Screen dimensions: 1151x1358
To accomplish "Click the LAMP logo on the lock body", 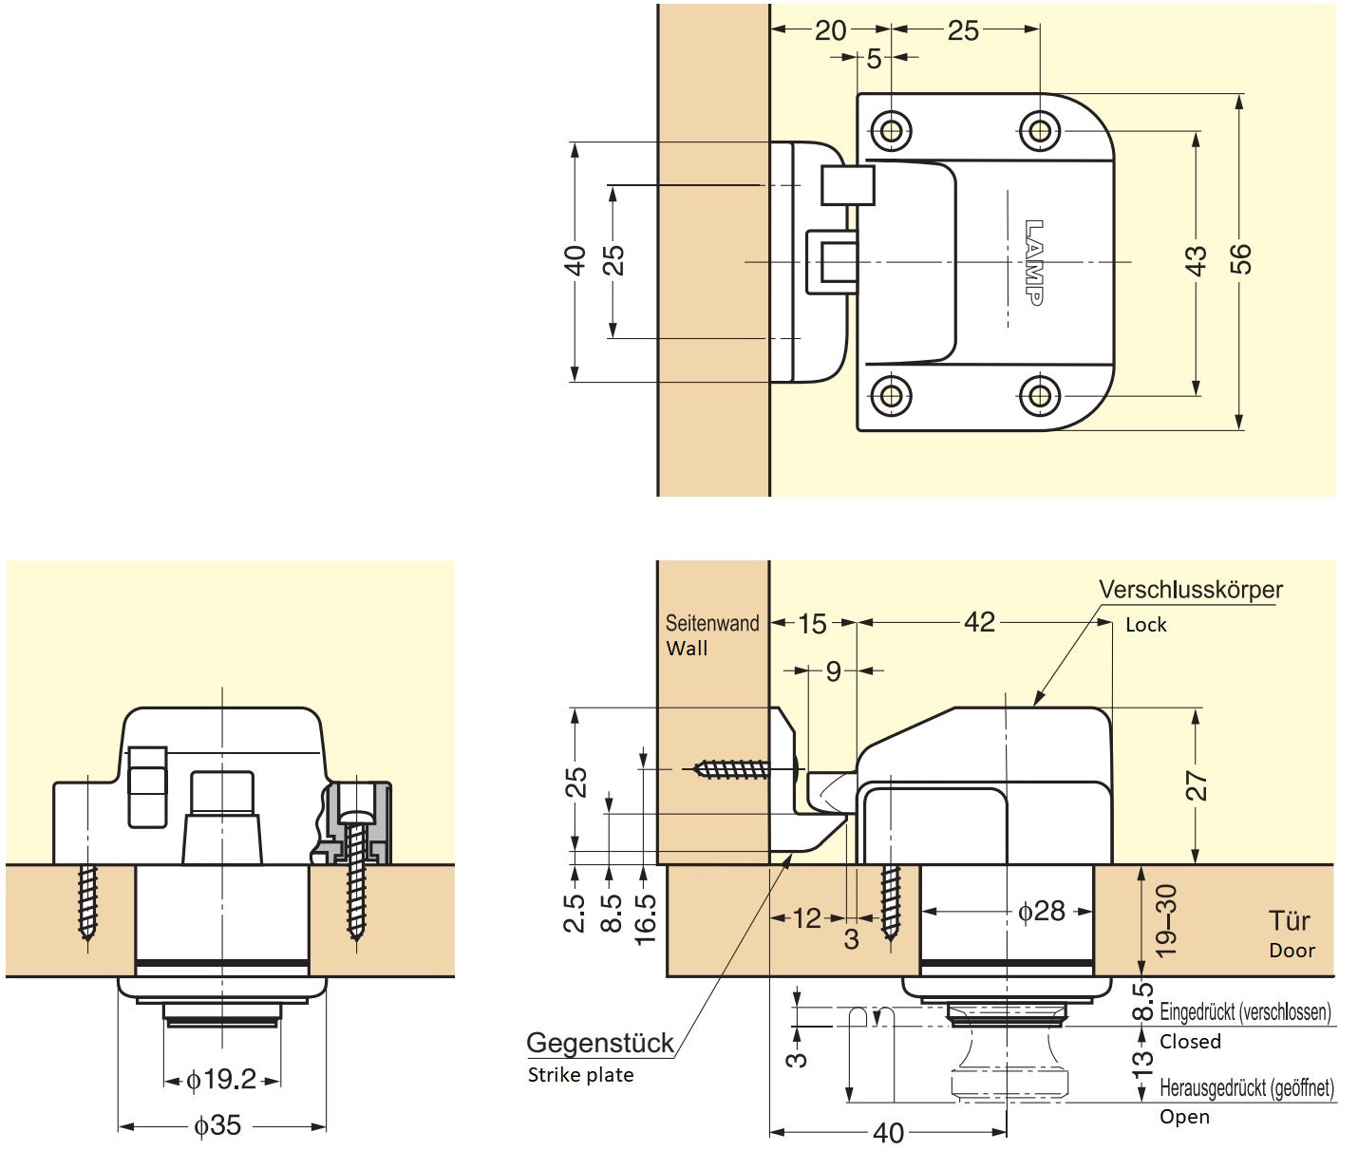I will (1034, 262).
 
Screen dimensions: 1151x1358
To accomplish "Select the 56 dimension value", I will (1241, 259).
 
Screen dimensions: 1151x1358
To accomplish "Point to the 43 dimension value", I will (1197, 260).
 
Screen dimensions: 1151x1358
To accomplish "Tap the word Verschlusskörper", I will (1190, 590).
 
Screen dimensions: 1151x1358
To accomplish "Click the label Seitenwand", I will (711, 624).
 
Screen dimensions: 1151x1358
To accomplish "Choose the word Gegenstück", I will (599, 1043).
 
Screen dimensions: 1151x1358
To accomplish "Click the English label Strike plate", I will (580, 1075).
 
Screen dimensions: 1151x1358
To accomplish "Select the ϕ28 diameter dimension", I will (1041, 912).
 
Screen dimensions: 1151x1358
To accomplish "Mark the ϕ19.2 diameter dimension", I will (221, 1080).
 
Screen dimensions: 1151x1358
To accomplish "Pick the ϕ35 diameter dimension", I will (217, 1125).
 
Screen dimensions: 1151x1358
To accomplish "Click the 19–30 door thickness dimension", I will (1167, 920).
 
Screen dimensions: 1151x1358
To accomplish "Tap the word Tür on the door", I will (1289, 921).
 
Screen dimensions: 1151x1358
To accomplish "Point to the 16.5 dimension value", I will (646, 918).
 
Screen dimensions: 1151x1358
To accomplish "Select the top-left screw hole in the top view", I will (891, 129).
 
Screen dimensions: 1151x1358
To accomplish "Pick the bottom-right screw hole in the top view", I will (1040, 395).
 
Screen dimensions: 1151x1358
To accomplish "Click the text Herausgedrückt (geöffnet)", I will (1246, 1088).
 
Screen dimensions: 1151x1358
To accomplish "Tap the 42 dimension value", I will (979, 622).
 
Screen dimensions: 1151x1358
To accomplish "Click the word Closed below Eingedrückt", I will (1189, 1042).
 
